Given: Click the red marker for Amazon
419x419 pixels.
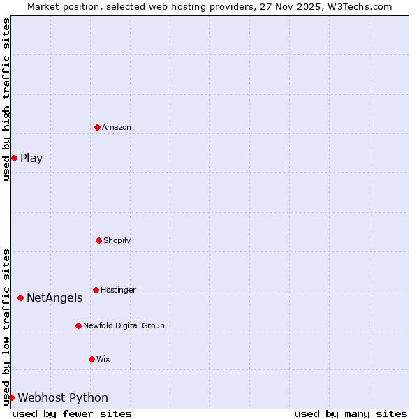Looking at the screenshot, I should tap(97, 127).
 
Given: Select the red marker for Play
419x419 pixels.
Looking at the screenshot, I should tap(14, 158).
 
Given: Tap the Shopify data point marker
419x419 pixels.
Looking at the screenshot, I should tap(98, 240).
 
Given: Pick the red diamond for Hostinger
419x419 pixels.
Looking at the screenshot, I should tap(96, 290).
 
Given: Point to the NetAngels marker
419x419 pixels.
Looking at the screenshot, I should tap(20, 298).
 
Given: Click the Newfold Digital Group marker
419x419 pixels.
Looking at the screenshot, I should tap(78, 325).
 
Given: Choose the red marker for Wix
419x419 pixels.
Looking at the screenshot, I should tap(91, 359).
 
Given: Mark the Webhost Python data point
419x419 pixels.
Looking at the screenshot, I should tap(11, 397).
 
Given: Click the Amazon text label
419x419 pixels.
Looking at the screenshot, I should tap(117, 127).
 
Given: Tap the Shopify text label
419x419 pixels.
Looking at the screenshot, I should tap(117, 240).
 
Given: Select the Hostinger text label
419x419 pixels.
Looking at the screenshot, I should tap(119, 290).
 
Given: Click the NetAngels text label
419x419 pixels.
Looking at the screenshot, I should tap(54, 298).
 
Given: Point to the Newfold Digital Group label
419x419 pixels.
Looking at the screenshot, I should tap(124, 325).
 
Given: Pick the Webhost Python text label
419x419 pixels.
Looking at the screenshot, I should tap(63, 398).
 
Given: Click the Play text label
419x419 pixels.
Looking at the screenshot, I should tap(31, 158).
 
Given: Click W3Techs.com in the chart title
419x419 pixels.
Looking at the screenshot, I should tap(358, 6).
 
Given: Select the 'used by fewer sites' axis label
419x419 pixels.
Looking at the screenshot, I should tap(72, 413).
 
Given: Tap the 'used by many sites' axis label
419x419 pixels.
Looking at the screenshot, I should tap(351, 413).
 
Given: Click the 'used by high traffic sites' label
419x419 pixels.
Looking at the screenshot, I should tap(6, 100).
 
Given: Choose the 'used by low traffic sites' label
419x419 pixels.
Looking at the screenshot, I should tap(6, 327).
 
